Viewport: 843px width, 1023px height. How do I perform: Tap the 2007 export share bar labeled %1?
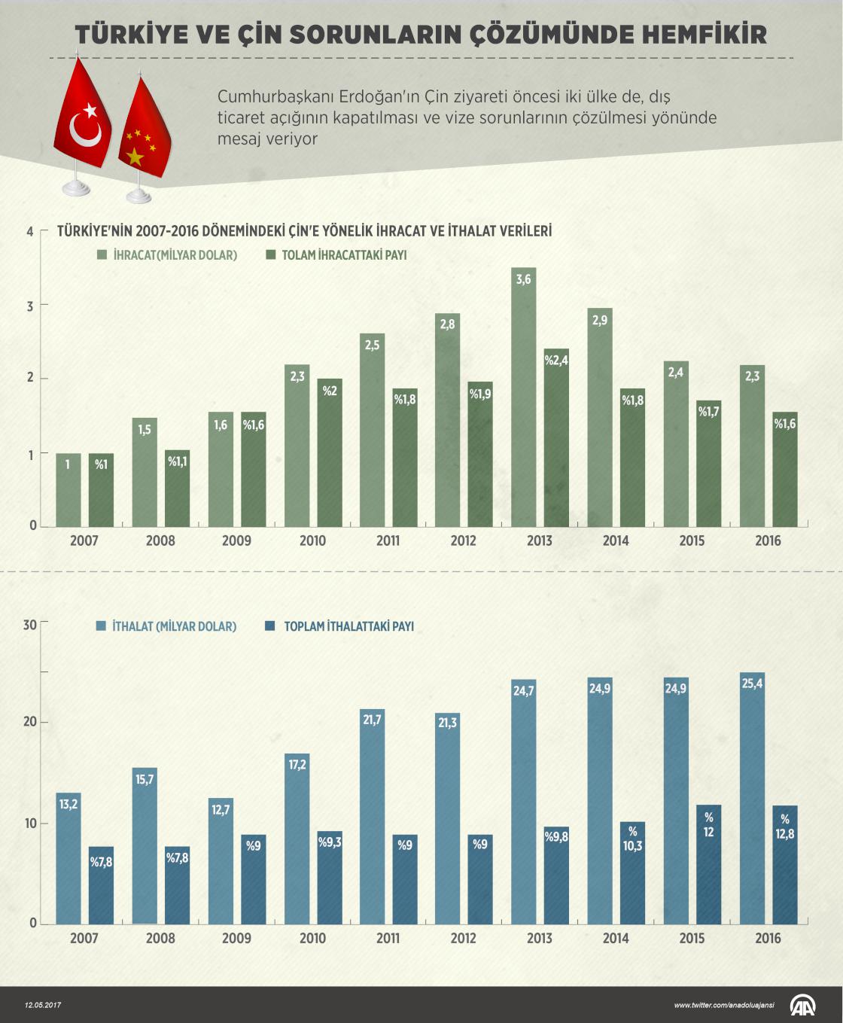coord(102,489)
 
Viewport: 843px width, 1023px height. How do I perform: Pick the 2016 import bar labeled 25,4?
coord(752,798)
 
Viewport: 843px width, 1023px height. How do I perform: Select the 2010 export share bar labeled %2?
coord(330,452)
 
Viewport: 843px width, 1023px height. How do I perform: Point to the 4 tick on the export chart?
coord(30,231)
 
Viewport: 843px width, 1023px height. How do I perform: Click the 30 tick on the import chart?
coord(29,623)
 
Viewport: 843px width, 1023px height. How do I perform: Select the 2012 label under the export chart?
coord(463,540)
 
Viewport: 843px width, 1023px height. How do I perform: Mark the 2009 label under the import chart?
coord(236,938)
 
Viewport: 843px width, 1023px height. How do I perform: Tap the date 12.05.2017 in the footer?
coord(44,1004)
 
